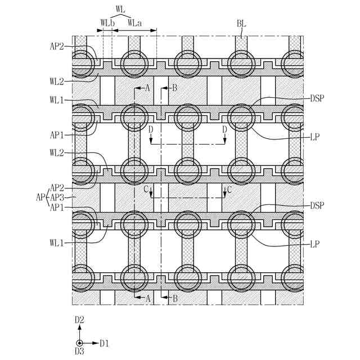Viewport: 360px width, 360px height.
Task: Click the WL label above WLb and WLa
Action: (120, 10)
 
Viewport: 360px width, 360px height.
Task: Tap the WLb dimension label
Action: (107, 23)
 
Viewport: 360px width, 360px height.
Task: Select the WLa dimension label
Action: (134, 23)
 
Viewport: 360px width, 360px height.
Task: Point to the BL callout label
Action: (241, 24)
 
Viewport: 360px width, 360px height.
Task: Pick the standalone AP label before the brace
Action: (39, 197)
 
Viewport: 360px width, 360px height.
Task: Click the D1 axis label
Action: (104, 343)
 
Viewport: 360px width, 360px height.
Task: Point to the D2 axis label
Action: (80, 319)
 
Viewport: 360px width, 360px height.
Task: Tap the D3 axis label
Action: (80, 352)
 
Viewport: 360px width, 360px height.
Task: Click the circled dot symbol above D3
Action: (80, 343)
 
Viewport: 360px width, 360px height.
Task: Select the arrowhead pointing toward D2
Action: (80, 327)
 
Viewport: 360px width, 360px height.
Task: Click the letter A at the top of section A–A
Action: (147, 88)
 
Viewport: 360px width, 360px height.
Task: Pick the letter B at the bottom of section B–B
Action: (174, 299)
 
